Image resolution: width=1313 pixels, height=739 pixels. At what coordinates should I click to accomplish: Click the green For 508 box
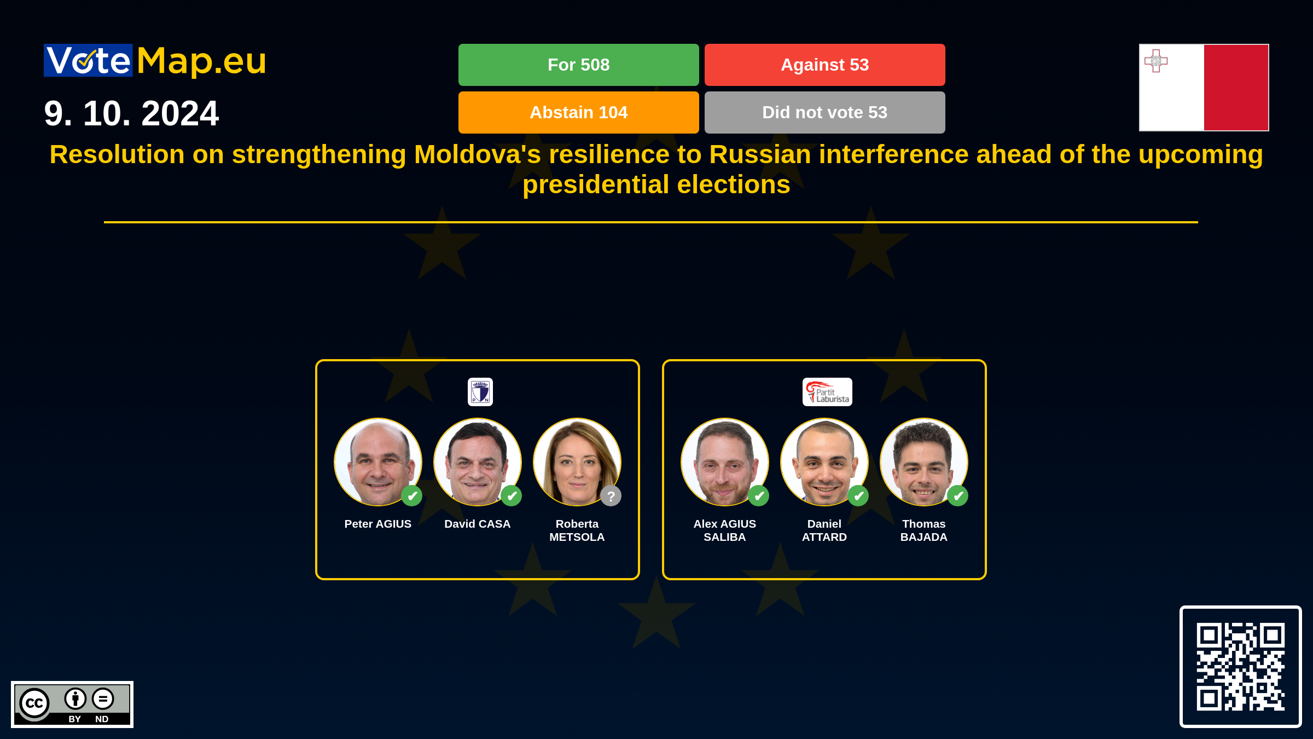point(578,65)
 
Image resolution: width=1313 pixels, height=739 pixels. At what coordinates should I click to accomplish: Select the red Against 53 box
point(824,65)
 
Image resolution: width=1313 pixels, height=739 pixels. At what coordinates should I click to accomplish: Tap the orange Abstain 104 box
point(578,112)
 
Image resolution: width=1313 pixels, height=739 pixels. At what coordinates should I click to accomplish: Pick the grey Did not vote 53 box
point(824,112)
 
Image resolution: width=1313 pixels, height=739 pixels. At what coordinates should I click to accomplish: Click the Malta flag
point(1204,88)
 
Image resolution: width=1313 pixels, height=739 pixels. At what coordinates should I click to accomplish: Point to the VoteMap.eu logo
point(155,60)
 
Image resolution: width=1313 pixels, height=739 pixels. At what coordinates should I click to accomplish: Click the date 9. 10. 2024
point(131,113)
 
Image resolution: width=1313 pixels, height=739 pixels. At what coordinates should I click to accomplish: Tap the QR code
point(1240,667)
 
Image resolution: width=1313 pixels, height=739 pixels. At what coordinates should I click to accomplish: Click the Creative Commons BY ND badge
point(72,705)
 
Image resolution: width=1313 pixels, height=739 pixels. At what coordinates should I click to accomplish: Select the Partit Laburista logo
point(827,392)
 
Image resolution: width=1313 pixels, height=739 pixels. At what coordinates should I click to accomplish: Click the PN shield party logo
point(480,392)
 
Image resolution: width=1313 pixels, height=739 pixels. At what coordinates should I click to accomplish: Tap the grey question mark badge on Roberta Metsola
point(611,496)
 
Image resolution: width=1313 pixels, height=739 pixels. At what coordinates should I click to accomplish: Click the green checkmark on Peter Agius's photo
point(412,496)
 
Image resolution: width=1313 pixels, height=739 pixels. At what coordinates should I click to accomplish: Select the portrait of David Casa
point(478,462)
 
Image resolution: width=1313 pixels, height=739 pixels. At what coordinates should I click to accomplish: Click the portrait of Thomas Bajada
point(924,462)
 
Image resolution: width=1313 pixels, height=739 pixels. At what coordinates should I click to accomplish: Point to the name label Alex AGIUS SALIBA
point(725,530)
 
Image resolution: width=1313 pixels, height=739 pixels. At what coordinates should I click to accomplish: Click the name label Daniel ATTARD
point(824,530)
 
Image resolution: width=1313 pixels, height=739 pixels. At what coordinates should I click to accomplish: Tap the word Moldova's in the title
point(478,154)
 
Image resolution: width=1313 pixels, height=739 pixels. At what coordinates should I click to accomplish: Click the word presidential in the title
point(596,185)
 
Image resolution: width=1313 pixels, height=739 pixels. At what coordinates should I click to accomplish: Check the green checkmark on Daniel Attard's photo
point(858,496)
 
